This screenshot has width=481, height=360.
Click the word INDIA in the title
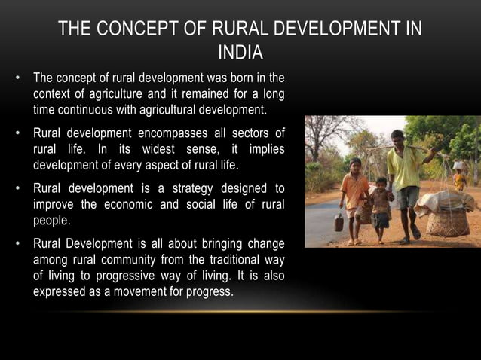coord(240,53)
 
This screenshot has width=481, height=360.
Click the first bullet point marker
coord(17,78)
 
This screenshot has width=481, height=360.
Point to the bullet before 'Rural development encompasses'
coord(17,133)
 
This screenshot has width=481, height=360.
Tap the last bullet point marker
coord(17,244)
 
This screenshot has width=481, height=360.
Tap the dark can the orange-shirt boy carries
coord(339,221)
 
